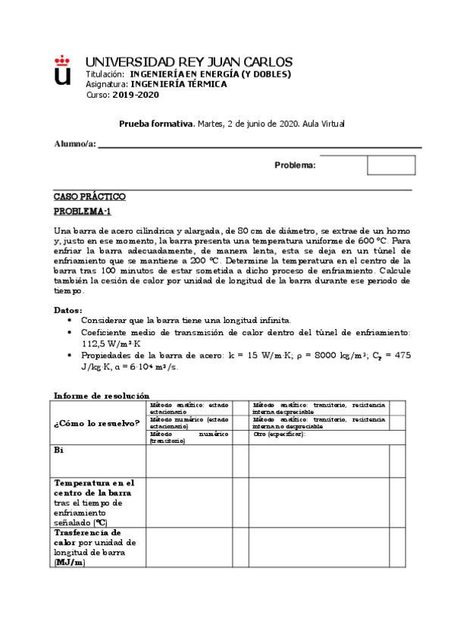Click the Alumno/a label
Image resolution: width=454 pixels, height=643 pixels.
(75, 144)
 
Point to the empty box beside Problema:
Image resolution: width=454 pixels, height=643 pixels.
(391, 165)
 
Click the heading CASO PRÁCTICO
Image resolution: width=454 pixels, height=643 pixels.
(89, 196)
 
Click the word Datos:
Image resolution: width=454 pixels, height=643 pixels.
(68, 310)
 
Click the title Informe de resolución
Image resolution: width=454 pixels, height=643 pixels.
(102, 395)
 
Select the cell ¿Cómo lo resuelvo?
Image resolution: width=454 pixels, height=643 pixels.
(97, 422)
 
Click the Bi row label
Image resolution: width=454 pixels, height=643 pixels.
(58, 450)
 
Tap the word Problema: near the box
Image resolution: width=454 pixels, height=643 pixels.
(295, 165)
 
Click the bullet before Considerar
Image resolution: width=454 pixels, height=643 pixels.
(70, 321)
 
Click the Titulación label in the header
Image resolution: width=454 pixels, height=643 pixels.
(105, 74)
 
